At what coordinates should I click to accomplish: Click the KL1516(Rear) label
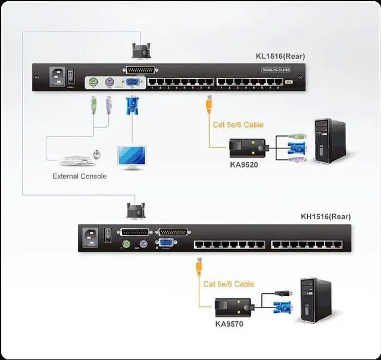[280, 57]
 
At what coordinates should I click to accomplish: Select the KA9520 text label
[244, 165]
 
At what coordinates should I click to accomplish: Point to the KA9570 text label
[229, 324]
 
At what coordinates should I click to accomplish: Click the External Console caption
[79, 176]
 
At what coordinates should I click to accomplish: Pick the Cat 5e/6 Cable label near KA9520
[238, 125]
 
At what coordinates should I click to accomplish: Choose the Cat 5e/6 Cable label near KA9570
[229, 284]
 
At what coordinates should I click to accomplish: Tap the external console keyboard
[76, 160]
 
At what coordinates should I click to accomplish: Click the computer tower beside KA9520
[329, 141]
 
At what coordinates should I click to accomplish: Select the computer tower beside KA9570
[315, 300]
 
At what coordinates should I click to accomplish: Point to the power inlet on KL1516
[58, 77]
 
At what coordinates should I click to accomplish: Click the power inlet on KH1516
[91, 236]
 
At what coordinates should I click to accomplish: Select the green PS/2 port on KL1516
[93, 83]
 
